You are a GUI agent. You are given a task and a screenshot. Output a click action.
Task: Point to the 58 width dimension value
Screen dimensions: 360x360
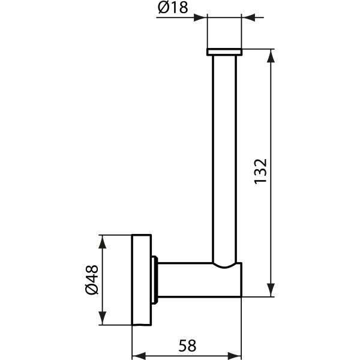click(x=187, y=345)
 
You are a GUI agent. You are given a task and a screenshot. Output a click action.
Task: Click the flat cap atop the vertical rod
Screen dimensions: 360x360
click(x=224, y=52)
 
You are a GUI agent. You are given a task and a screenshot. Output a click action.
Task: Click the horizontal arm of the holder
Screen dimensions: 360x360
click(x=192, y=280)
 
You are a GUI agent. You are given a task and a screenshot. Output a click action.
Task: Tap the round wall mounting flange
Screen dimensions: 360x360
click(x=142, y=280)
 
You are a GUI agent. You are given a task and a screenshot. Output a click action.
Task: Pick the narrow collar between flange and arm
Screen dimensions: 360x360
click(x=155, y=280)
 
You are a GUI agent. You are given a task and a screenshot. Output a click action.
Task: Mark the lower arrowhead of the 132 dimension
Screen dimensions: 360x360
click(x=272, y=290)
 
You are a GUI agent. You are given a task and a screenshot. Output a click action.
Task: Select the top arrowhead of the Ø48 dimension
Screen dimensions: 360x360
click(x=103, y=241)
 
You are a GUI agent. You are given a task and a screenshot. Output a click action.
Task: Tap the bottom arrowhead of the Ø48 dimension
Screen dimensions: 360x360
click(x=103, y=319)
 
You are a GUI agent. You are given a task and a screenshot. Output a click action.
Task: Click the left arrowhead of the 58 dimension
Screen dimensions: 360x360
click(x=138, y=354)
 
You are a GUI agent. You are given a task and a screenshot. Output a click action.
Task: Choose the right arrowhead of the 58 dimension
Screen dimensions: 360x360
click(x=235, y=354)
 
